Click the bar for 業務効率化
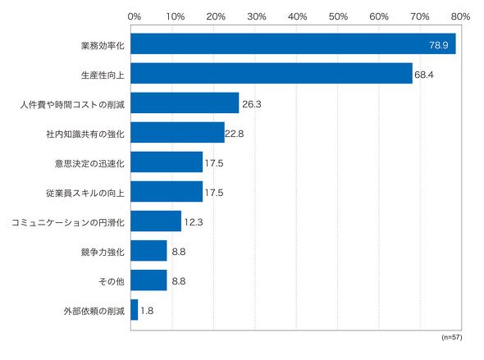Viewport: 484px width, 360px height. click(293, 43)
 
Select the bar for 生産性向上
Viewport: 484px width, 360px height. click(272, 74)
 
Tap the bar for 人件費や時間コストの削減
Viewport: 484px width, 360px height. click(185, 103)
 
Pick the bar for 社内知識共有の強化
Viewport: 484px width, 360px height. click(177, 132)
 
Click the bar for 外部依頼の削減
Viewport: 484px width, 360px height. click(135, 310)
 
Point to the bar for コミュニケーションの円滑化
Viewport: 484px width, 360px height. click(156, 221)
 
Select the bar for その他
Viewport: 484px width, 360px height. click(148, 280)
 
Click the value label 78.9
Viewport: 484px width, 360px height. click(439, 45)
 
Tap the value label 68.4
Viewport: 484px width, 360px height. click(424, 75)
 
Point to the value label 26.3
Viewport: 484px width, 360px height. click(252, 104)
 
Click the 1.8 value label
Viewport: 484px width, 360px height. click(147, 311)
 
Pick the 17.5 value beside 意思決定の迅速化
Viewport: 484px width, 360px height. click(214, 163)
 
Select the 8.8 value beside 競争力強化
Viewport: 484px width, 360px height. click(179, 252)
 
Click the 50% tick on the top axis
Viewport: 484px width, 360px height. click(338, 16)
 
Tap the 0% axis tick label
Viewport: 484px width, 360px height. click(135, 16)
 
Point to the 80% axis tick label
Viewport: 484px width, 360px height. click(460, 16)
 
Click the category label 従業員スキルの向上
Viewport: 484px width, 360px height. click(85, 193)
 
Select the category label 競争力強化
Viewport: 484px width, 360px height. click(103, 253)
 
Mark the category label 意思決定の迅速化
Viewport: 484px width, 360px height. click(89, 163)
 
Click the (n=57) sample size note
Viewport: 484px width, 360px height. click(452, 337)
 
